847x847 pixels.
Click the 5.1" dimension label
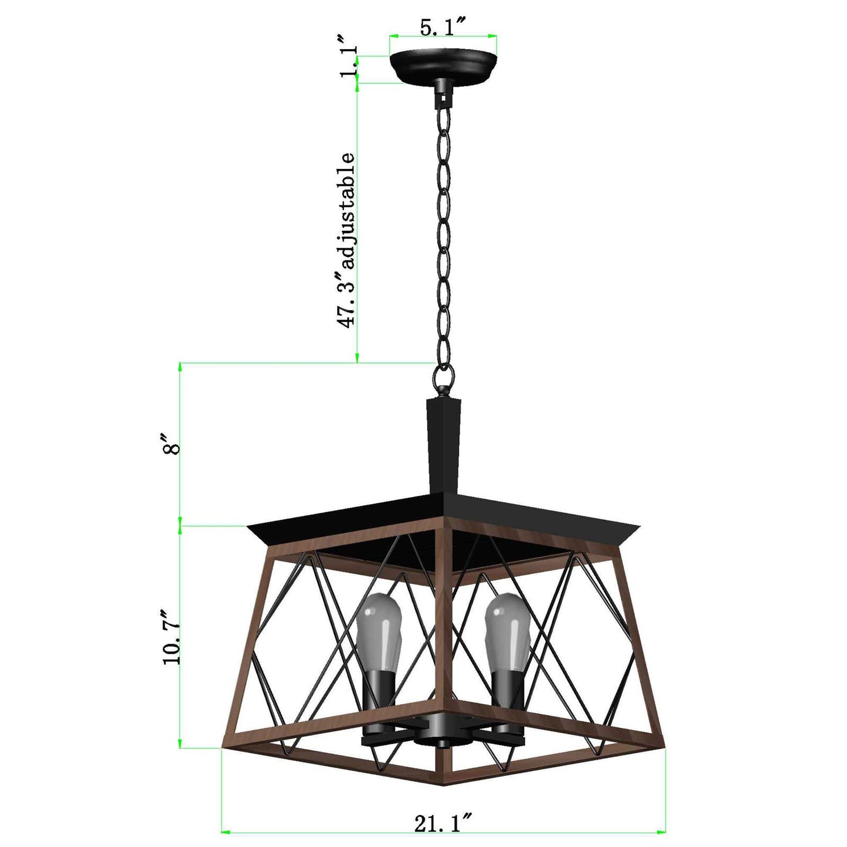click(x=442, y=28)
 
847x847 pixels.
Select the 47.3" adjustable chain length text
click(x=346, y=240)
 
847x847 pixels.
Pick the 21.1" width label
click(x=443, y=824)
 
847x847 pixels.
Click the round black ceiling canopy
click(x=444, y=66)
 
